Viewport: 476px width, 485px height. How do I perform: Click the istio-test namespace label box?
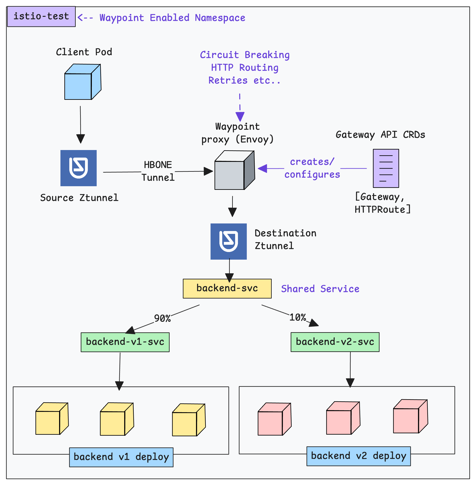coord(41,17)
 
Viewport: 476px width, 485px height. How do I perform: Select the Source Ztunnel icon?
coord(78,168)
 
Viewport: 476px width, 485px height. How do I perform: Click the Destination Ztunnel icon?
coord(229,241)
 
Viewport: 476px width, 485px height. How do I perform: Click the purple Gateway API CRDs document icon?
coord(386,168)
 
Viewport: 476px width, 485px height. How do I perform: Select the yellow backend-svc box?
coord(227,288)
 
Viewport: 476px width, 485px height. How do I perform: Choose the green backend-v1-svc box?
coord(125,342)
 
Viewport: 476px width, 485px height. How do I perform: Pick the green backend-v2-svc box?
coord(335,342)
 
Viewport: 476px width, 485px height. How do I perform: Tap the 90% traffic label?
coord(162,318)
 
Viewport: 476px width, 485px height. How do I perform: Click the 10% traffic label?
coord(297,317)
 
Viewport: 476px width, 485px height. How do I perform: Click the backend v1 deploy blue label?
coord(121,457)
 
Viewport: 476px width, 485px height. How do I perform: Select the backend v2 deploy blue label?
coord(358,456)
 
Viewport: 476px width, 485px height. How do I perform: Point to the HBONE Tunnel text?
coord(158,171)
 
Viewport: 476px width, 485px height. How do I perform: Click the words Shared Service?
coord(320,289)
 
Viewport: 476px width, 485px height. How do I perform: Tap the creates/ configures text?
coord(312,168)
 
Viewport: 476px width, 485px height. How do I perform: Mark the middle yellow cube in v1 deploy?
coord(117,420)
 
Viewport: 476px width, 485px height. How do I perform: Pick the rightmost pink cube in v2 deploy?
coord(410,417)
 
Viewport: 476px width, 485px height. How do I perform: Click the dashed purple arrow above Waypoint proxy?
coord(240,108)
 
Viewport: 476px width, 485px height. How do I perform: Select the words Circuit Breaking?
coord(244,55)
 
